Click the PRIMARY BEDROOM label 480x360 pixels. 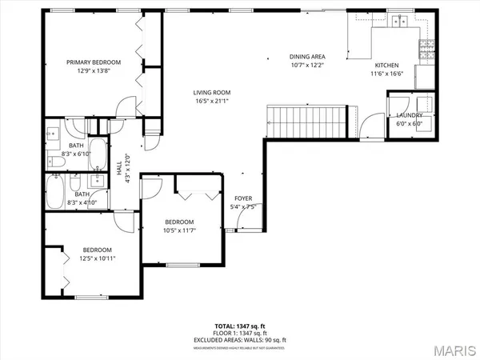(x=94, y=62)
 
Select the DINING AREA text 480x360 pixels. (x=307, y=57)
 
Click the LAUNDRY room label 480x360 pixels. (x=410, y=115)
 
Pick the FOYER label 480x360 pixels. (x=243, y=198)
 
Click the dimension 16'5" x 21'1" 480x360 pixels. (x=212, y=102)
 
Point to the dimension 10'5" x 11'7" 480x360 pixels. (x=180, y=230)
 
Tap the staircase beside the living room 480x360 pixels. (x=310, y=119)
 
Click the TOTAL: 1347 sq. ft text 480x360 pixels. (x=240, y=325)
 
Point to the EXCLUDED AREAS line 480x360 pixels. (x=240, y=339)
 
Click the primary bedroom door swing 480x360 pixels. (x=124, y=106)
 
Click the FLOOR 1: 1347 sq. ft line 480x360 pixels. (x=240, y=332)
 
